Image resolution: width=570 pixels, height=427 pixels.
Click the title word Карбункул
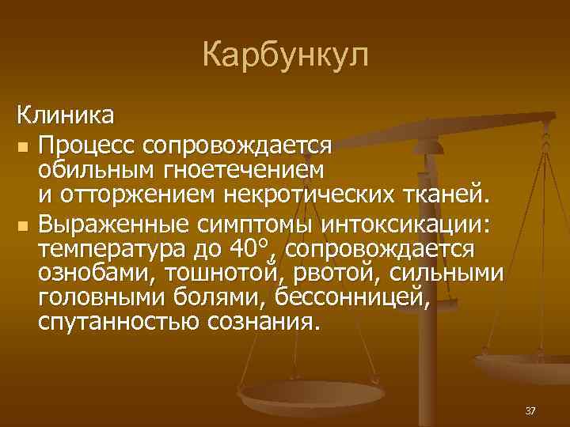(x=285, y=55)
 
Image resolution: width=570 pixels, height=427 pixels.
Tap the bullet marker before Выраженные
(x=22, y=226)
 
